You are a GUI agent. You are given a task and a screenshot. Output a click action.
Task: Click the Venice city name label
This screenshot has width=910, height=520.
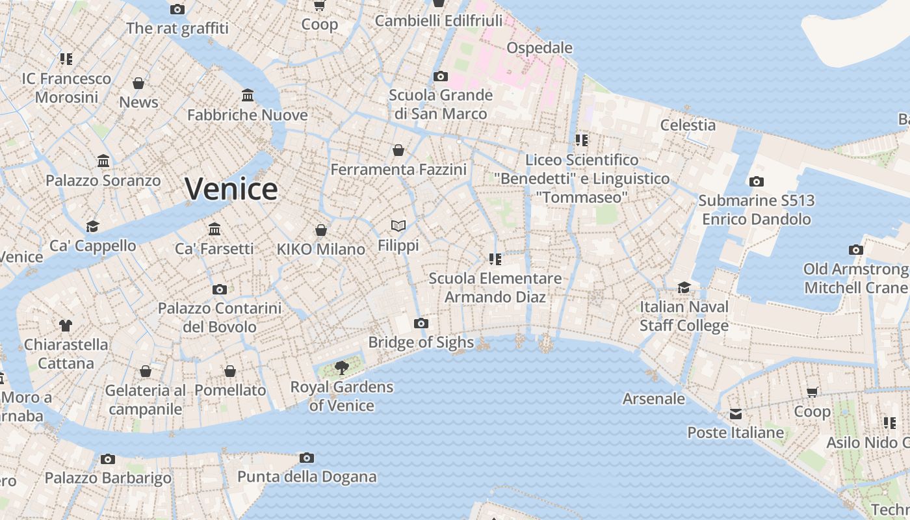[231, 189]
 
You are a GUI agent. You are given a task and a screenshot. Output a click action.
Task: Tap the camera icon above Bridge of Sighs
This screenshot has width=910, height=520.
[421, 323]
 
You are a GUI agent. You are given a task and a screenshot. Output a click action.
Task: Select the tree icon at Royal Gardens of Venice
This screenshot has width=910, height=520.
[341, 368]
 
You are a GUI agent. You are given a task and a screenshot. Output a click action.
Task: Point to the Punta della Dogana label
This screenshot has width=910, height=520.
[307, 476]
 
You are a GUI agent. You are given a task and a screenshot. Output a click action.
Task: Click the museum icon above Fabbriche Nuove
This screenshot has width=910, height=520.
[248, 96]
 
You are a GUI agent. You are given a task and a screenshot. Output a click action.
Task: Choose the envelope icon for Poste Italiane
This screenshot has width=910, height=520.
[735, 414]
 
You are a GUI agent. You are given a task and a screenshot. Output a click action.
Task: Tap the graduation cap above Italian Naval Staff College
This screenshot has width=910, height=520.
[684, 287]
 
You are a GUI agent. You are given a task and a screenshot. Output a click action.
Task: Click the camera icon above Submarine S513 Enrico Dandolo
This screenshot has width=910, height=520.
[756, 181]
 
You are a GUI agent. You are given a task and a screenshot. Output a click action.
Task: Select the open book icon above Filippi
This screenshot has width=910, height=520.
[398, 226]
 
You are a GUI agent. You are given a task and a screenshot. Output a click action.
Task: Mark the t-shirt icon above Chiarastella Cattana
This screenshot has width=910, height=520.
[65, 325]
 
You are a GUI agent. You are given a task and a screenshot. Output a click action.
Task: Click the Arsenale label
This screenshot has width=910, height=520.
[654, 398]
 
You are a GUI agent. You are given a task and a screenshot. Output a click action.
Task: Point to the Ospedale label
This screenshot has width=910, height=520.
[539, 47]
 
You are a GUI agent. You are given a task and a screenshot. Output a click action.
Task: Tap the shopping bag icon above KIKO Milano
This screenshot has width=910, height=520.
[320, 230]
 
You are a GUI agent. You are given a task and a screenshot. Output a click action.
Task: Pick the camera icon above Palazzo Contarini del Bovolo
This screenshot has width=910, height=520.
[220, 289]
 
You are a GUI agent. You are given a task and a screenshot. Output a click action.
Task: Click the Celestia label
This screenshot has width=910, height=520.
[688, 125]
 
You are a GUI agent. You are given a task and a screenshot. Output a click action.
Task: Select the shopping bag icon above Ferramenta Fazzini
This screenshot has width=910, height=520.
[398, 151]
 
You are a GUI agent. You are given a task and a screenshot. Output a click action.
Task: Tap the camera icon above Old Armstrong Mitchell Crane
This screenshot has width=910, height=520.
[856, 250]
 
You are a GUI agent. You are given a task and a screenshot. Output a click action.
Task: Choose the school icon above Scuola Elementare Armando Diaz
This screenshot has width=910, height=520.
[495, 259]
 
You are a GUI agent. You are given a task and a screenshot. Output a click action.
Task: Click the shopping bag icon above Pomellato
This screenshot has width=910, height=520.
[230, 371]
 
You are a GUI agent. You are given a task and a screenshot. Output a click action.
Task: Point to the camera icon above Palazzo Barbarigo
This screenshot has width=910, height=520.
[108, 459]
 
